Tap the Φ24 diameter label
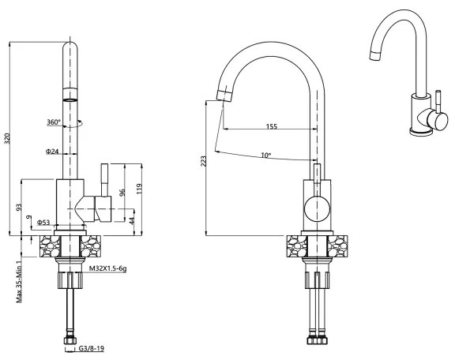[52, 151]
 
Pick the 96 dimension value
[122, 192]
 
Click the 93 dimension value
[18, 207]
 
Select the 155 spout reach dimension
[272, 126]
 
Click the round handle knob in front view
[317, 211]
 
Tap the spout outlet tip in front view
[224, 95]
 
